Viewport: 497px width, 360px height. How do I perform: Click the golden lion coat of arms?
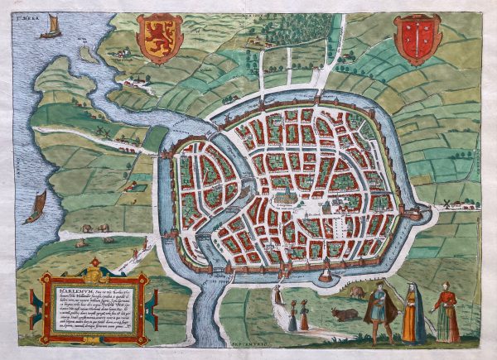click(159, 38)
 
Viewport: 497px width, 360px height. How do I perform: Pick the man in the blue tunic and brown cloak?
click(379, 311)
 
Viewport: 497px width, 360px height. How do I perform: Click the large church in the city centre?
click(287, 194)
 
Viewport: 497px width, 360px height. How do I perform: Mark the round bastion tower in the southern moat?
click(326, 271)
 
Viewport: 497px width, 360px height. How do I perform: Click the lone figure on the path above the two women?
click(279, 292)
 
